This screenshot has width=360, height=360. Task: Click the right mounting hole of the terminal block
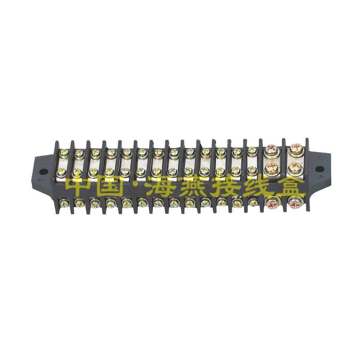(x=320, y=169)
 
